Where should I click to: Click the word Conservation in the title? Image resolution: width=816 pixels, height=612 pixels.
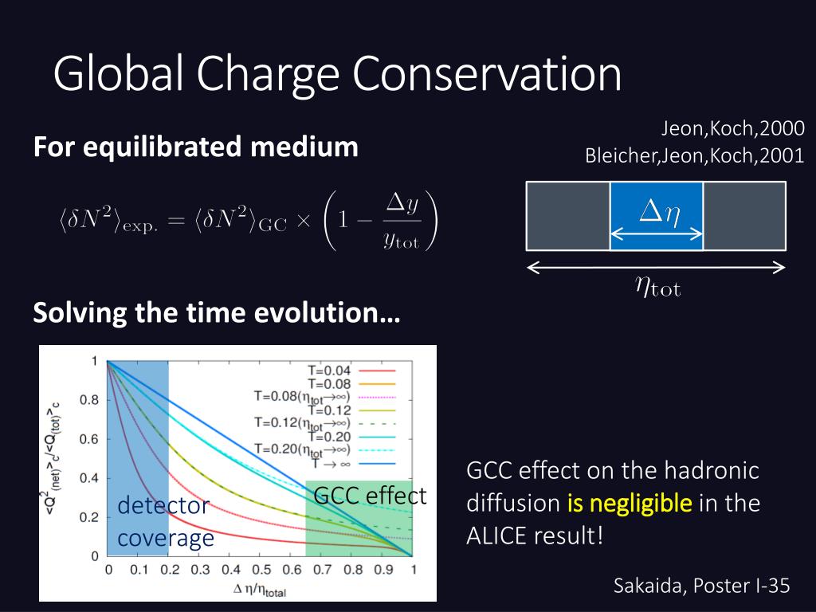(x=487, y=73)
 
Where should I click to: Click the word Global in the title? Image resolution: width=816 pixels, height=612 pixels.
(x=118, y=73)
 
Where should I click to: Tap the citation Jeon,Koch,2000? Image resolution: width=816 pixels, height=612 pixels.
(x=733, y=128)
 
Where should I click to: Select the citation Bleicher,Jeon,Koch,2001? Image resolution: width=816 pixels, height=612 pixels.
(x=695, y=155)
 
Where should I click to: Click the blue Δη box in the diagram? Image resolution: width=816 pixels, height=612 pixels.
(x=657, y=216)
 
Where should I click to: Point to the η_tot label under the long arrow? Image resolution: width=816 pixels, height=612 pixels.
(x=657, y=286)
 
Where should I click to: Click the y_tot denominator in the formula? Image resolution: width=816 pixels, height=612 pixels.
(x=402, y=240)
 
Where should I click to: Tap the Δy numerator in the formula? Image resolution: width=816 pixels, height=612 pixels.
(x=402, y=203)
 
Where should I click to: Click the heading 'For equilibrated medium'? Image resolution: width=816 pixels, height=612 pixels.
(x=196, y=147)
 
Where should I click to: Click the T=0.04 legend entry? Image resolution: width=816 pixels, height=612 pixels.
(x=351, y=371)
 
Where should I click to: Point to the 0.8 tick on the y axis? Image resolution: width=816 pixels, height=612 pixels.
(x=88, y=400)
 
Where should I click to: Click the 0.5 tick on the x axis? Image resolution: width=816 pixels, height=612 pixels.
(x=261, y=570)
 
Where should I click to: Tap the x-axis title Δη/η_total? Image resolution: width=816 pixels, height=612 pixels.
(x=259, y=590)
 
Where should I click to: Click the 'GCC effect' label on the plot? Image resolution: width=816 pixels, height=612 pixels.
(x=370, y=495)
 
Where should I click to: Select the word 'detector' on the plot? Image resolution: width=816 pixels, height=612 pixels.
(x=163, y=505)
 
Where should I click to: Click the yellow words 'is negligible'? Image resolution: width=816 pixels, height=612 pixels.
(x=630, y=504)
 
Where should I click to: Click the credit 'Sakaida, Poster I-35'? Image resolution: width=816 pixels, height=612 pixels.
(x=702, y=586)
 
